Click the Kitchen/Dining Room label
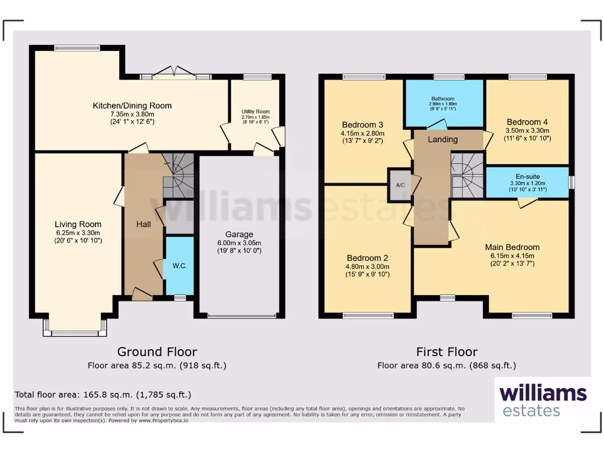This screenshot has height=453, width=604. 132,106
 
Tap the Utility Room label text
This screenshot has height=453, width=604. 255,111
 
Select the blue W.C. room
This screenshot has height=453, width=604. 179,265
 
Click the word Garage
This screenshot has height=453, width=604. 239,234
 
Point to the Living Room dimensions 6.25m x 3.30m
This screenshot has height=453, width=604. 78,232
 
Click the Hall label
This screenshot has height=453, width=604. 144,224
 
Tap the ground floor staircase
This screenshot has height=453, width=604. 178,175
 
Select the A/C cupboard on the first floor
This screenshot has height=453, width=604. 400,185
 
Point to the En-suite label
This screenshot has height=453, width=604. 527,176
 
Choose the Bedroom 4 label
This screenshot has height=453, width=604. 527,122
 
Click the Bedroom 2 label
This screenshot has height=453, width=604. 367,258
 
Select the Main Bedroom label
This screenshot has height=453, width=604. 512,247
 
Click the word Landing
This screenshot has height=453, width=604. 442,139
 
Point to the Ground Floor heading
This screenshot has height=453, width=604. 157,352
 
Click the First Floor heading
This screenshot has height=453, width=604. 447,352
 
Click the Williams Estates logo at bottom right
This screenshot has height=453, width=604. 543,400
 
